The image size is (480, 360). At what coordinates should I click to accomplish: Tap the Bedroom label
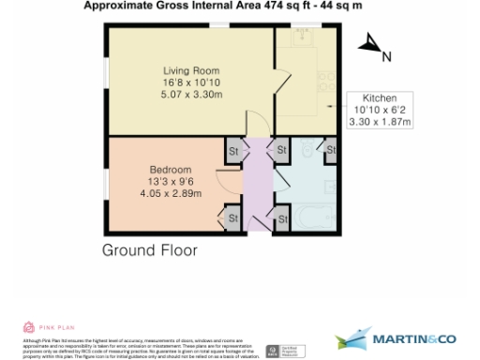coord(171,170)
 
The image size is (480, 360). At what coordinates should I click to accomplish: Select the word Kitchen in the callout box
coord(380,97)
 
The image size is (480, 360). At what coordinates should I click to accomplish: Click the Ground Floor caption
coord(150,250)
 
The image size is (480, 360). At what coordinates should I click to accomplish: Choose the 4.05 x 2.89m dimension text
coord(171,194)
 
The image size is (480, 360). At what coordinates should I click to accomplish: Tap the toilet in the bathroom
coord(306,151)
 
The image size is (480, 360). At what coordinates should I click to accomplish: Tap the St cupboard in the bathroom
coord(330,150)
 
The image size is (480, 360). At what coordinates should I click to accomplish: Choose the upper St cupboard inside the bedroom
coord(232,150)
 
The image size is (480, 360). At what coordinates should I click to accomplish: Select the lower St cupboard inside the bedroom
coord(232,218)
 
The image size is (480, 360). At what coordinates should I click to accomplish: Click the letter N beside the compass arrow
coord(385,55)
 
